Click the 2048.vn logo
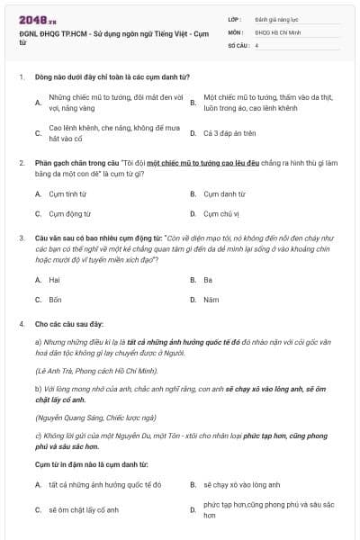[x=31, y=19]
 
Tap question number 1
[x=20, y=76]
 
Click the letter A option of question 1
[x=38, y=103]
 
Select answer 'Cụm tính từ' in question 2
[x=69, y=193]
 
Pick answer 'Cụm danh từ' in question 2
[x=224, y=193]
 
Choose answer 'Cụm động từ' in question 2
[x=70, y=214]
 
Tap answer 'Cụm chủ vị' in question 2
[x=221, y=214]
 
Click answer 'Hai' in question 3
[x=55, y=280]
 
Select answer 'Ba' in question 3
[x=208, y=280]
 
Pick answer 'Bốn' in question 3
[x=56, y=300]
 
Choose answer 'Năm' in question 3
[x=211, y=300]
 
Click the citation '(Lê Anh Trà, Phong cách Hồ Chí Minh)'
[x=85, y=370]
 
